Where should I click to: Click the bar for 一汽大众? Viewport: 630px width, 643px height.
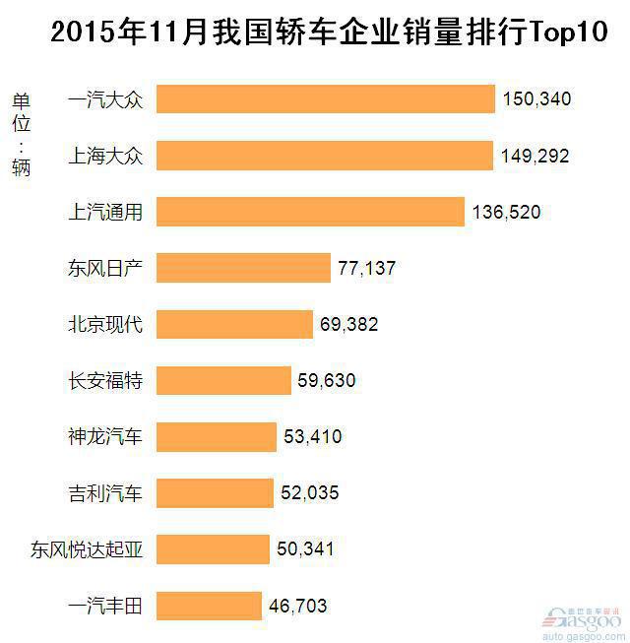pyautogui.click(x=326, y=99)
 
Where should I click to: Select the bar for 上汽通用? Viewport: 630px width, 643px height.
pyautogui.click(x=310, y=212)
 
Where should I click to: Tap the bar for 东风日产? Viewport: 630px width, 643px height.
pyautogui.click(x=243, y=268)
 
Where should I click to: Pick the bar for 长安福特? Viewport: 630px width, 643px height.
pyautogui.click(x=224, y=380)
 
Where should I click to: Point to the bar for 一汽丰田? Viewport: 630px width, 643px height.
pyautogui.click(x=209, y=606)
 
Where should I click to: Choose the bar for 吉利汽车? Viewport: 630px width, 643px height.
pyautogui.click(x=215, y=493)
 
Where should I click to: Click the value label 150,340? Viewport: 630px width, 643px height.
pyautogui.click(x=536, y=99)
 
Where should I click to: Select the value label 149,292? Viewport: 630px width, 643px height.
pyautogui.click(x=535, y=156)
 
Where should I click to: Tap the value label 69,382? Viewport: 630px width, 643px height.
pyautogui.click(x=348, y=324)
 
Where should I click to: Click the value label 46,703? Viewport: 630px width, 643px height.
pyautogui.click(x=297, y=606)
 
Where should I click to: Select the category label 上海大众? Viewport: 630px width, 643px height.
pyautogui.click(x=105, y=156)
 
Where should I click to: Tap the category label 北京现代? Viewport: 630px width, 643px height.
pyautogui.click(x=105, y=324)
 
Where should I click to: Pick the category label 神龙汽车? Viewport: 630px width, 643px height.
pyautogui.click(x=105, y=436)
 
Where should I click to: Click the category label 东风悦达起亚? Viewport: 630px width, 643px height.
pyautogui.click(x=87, y=549)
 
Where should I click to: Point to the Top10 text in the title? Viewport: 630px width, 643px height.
pyautogui.click(x=569, y=32)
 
